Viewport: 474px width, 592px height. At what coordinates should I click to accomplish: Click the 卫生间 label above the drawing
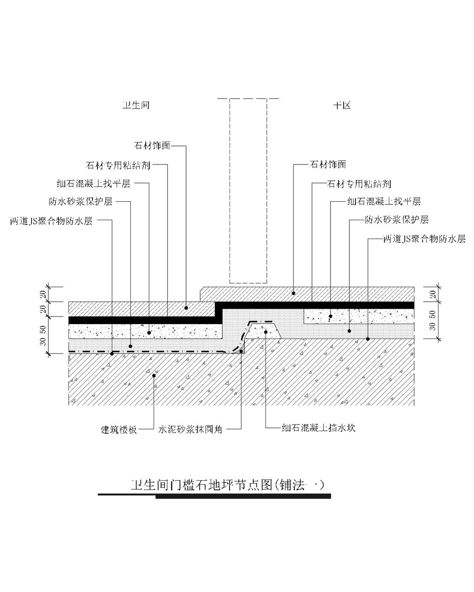[x=136, y=106]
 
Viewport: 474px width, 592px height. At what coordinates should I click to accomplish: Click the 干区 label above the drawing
[x=342, y=106]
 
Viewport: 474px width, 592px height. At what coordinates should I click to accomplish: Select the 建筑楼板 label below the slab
[x=119, y=429]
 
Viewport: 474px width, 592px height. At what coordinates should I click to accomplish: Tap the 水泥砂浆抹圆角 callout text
[x=190, y=429]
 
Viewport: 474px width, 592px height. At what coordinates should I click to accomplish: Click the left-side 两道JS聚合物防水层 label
[x=51, y=221]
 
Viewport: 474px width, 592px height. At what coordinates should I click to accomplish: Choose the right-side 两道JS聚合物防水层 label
[x=424, y=239]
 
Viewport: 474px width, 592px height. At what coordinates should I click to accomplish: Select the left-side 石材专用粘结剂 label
[x=118, y=165]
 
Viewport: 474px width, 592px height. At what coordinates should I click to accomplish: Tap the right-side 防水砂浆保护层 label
[x=397, y=220]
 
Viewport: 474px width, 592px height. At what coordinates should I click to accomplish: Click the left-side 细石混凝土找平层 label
[x=93, y=183]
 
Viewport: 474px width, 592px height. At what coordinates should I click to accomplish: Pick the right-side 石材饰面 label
[x=328, y=164]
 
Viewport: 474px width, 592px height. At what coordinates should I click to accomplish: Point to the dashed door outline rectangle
[x=248, y=191]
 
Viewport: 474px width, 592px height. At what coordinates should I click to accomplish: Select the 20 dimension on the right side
[x=433, y=294]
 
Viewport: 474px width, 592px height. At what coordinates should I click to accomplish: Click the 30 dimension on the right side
[x=433, y=326]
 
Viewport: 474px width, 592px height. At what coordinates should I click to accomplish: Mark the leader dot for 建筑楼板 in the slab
[x=154, y=375]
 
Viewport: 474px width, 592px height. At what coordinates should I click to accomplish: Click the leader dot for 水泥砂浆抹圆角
[x=241, y=352]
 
